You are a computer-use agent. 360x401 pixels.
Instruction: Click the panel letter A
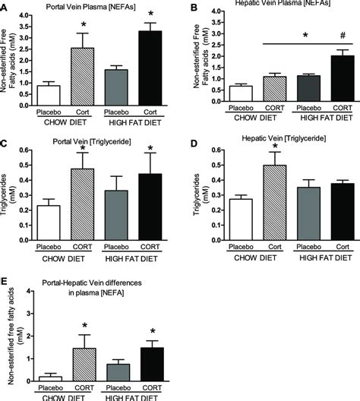click(x=5, y=6)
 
